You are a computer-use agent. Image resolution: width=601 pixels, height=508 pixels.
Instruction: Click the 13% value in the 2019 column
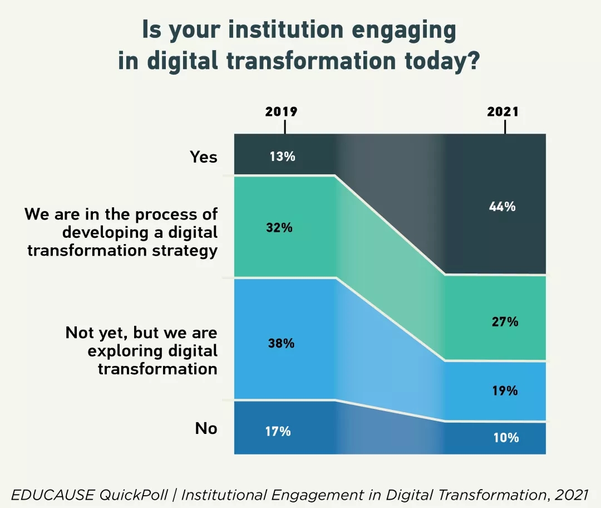(282, 157)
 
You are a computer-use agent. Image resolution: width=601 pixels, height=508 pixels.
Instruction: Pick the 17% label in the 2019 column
(278, 431)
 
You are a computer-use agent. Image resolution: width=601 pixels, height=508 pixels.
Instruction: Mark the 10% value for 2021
(506, 438)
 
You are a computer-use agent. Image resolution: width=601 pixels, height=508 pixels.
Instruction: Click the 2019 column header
(281, 111)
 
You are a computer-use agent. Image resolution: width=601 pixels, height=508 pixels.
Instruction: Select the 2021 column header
(503, 111)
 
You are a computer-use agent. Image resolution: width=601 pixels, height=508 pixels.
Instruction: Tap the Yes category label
(204, 157)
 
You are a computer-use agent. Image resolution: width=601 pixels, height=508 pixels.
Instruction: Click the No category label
(206, 428)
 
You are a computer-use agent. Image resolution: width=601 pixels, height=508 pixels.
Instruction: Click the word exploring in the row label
(129, 351)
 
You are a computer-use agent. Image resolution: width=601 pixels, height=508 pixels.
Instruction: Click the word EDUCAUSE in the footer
(53, 494)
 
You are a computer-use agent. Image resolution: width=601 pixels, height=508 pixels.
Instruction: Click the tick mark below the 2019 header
(285, 128)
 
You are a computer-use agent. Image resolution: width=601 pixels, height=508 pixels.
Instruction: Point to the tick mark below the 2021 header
(505, 128)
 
